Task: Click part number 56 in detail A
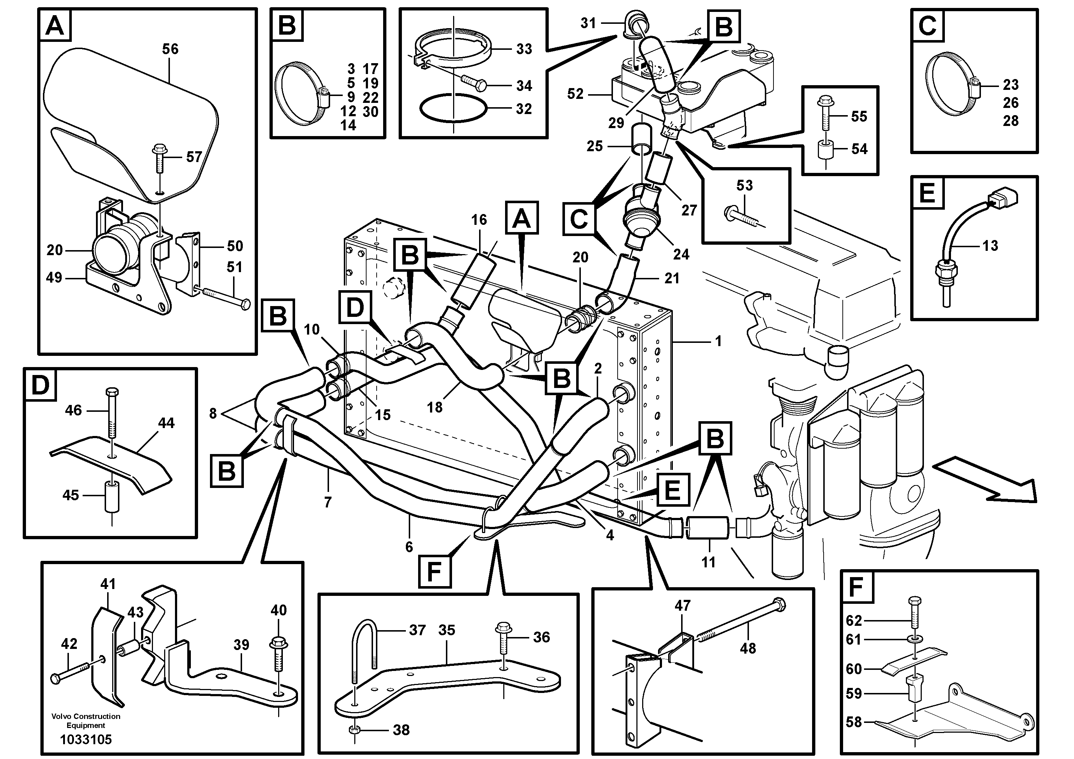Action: click(x=170, y=49)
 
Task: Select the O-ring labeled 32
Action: click(x=453, y=109)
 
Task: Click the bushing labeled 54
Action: click(x=826, y=151)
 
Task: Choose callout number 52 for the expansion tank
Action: click(x=575, y=94)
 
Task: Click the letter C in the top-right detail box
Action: click(x=927, y=26)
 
